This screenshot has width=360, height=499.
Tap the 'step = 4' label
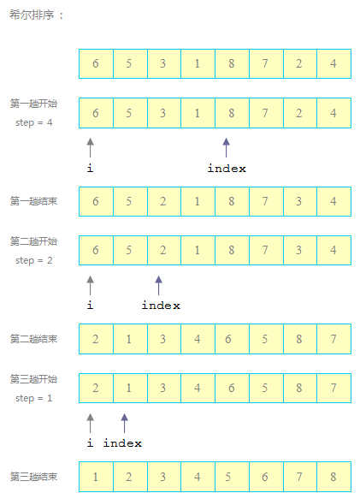pyautogui.click(x=34, y=122)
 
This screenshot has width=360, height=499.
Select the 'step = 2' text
pyautogui.click(x=34, y=260)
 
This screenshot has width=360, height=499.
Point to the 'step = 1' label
pyautogui.click(x=34, y=398)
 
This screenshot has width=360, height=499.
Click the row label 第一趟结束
pyautogui.click(x=33, y=201)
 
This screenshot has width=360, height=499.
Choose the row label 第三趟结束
pyautogui.click(x=33, y=477)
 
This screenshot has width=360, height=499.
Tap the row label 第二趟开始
pyautogui.click(x=33, y=241)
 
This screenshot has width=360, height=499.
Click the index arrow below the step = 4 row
pyautogui.click(x=226, y=148)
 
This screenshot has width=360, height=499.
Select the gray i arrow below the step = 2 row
pyautogui.click(x=91, y=286)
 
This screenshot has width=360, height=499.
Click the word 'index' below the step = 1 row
pyautogui.click(x=122, y=443)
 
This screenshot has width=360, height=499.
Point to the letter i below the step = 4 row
pyautogui.click(x=91, y=168)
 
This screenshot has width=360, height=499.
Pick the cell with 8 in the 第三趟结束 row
pyautogui.click(x=334, y=477)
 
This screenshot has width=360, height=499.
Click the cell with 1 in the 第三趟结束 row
pyautogui.click(x=96, y=477)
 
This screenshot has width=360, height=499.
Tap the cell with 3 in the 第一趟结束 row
pyautogui.click(x=300, y=201)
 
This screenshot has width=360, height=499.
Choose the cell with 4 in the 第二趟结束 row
pyautogui.click(x=198, y=339)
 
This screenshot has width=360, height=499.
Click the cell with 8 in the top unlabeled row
pyautogui.click(x=232, y=63)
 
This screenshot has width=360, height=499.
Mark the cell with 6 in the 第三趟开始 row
pyautogui.click(x=232, y=388)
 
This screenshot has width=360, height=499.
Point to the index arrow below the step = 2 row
pyautogui.click(x=159, y=286)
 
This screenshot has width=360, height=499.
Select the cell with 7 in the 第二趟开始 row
pyautogui.click(x=266, y=250)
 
